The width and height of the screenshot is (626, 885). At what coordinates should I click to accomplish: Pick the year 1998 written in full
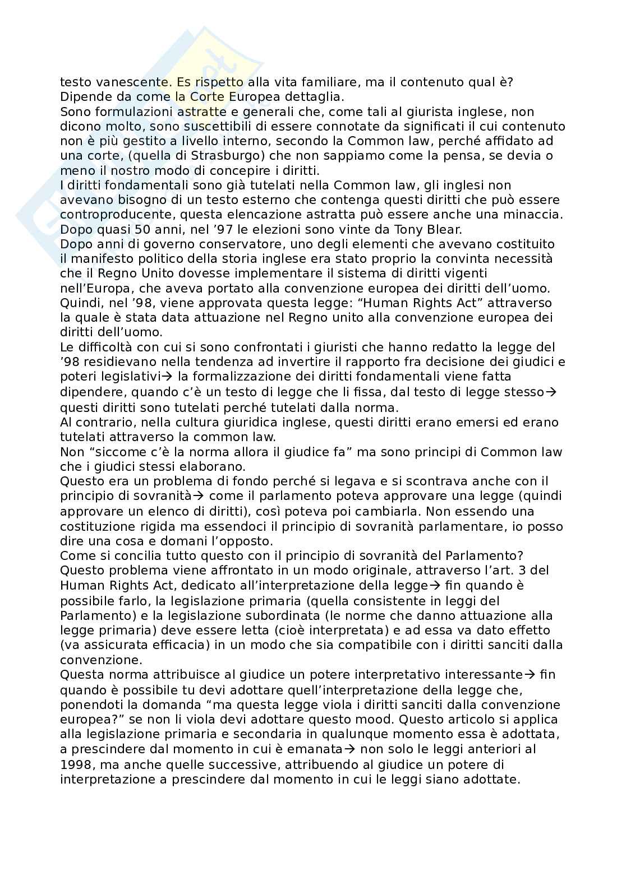pyautogui.click(x=74, y=764)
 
